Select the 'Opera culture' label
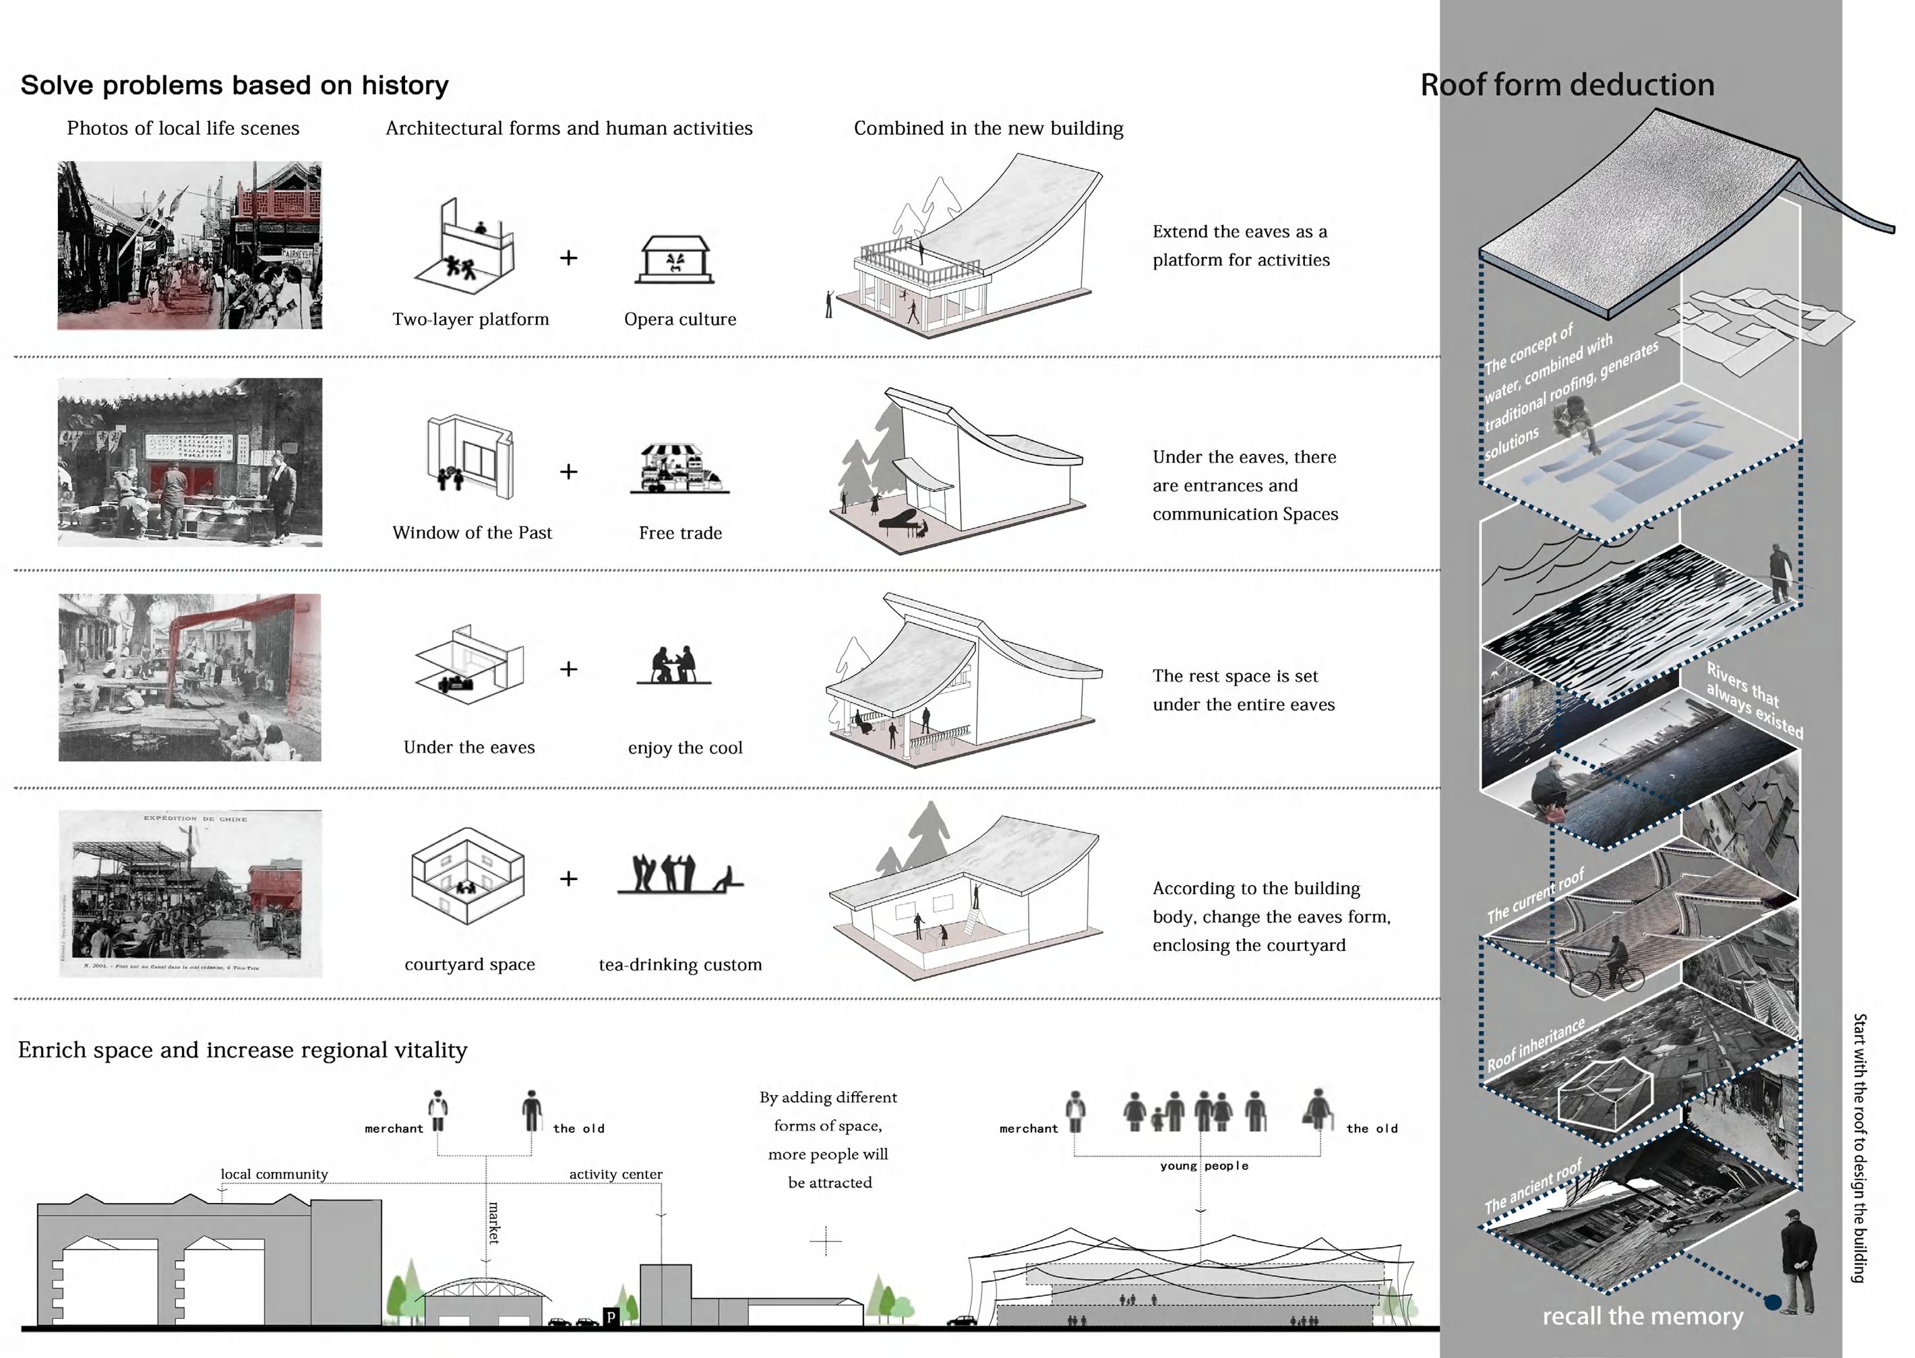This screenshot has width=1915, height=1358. click(x=680, y=319)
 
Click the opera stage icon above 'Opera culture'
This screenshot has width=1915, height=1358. click(x=674, y=260)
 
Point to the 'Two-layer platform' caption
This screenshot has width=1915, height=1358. click(x=470, y=319)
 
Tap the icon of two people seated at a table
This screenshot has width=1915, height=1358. click(x=673, y=667)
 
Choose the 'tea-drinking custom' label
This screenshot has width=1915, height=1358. click(x=680, y=965)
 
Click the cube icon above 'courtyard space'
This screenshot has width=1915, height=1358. click(x=468, y=876)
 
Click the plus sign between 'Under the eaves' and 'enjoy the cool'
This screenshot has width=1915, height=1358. click(x=569, y=669)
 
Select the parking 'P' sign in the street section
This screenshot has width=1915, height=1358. click(x=611, y=1317)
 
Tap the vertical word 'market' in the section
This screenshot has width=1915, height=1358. click(x=493, y=1223)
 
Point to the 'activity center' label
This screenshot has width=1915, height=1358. click(x=615, y=1175)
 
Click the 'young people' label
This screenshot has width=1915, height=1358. click(x=1203, y=1166)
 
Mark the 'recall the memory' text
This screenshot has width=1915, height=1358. click(x=1643, y=1316)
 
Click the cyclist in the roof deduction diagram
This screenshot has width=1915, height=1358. click(x=1606, y=968)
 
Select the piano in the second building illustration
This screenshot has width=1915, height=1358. click(x=901, y=521)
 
